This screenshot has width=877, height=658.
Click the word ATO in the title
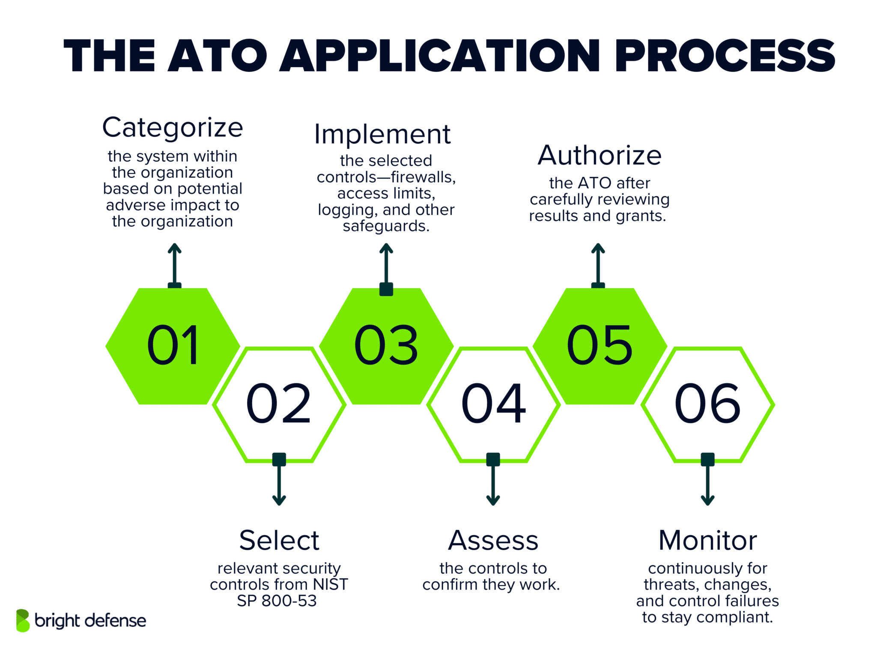tap(218, 56)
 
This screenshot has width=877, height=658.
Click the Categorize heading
tap(173, 128)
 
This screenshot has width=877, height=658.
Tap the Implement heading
tap(382, 135)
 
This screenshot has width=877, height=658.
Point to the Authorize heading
tap(600, 155)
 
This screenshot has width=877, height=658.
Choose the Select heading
tap(279, 540)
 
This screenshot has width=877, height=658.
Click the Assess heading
tap(493, 540)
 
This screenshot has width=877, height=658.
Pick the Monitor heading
tap(707, 540)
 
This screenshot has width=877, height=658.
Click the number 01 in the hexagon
tap(173, 345)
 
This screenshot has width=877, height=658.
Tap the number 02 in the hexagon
tap(279, 404)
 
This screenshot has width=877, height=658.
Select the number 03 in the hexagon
tap(386, 345)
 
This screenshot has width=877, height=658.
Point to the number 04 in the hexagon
tap(493, 404)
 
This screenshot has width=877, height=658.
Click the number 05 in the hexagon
tap(600, 345)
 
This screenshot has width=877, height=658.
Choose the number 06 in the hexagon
tap(707, 404)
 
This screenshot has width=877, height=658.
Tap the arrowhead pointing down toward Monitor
tap(707, 500)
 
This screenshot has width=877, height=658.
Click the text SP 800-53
tap(277, 601)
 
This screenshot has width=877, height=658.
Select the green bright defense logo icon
tap(23, 620)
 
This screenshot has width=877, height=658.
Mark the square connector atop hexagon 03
tap(386, 289)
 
